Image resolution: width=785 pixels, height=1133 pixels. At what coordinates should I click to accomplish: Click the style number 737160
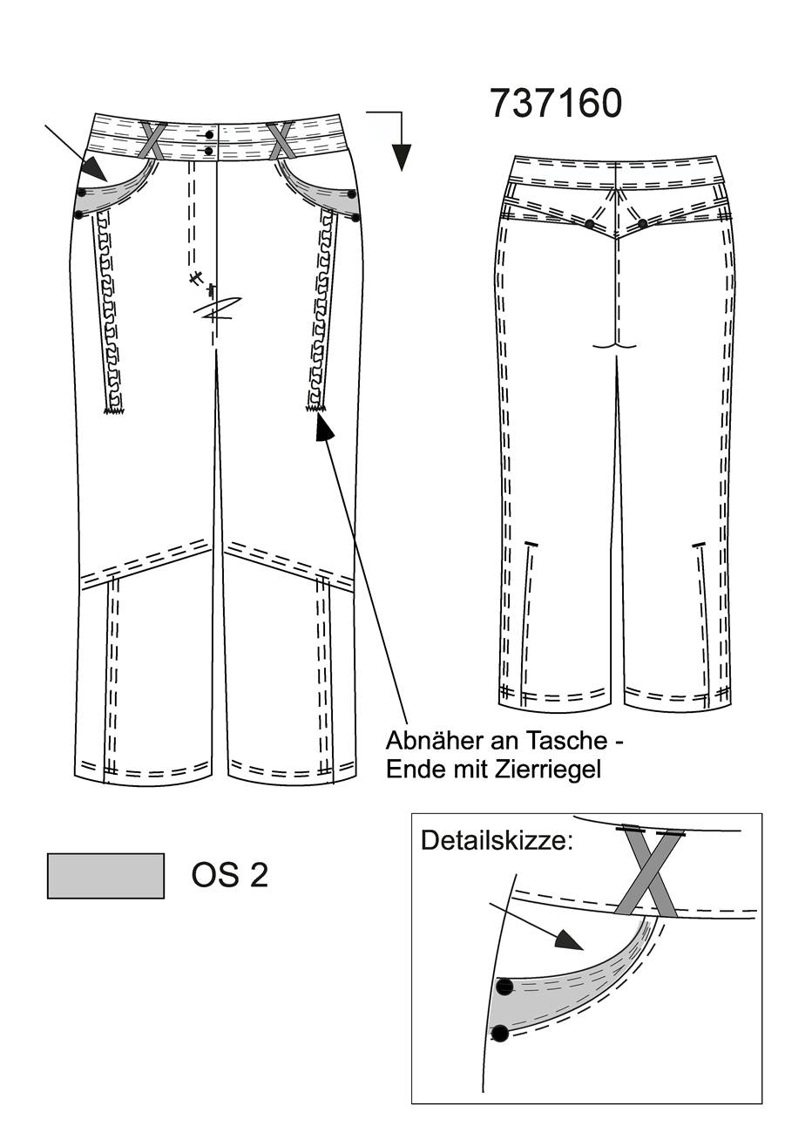pos(556,103)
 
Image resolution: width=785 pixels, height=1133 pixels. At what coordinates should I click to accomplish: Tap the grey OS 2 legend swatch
pos(105,876)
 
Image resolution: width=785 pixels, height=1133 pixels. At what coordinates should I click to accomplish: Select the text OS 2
pos(230,875)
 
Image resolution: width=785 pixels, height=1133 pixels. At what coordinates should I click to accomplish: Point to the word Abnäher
pos(432,741)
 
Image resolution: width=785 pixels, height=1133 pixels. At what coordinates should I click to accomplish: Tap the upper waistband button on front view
pos(209,134)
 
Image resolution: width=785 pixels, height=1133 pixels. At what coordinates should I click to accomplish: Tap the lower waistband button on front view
pos(209,150)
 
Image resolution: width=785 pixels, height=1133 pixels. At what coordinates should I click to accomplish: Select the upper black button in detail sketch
pos(504,986)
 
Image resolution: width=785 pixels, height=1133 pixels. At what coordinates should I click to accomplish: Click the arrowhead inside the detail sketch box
pos(569,940)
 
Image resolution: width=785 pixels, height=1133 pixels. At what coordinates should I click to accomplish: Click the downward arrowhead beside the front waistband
pos(402,157)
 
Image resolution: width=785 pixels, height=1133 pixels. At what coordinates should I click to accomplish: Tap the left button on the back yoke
pos(589,223)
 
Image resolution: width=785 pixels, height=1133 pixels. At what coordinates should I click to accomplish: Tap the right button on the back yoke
pos(642,223)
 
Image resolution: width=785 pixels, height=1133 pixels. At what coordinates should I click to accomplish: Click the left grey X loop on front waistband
pos(152,139)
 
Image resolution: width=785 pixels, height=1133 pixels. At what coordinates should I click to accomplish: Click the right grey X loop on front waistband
pos(281,140)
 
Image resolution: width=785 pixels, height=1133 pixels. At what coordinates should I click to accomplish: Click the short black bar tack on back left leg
pos(530,544)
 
